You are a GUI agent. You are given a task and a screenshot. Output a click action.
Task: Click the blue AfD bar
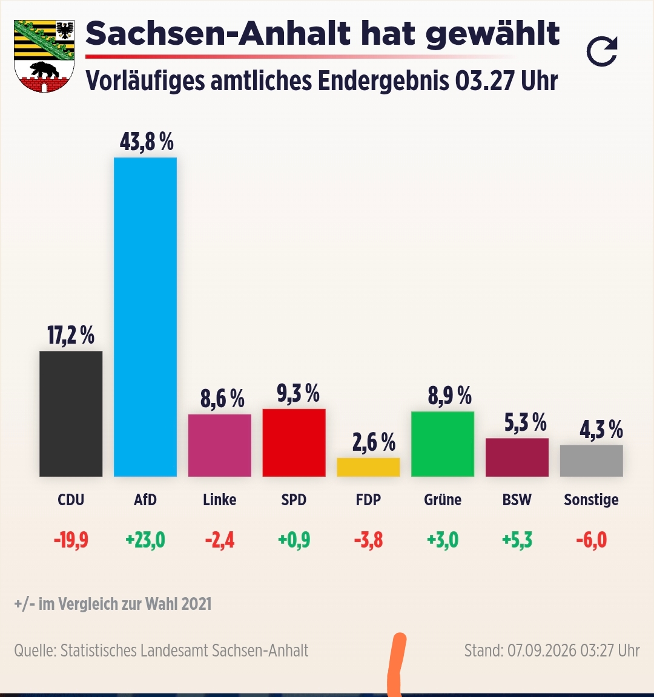(x=145, y=317)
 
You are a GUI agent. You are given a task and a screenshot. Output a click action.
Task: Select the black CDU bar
(x=71, y=414)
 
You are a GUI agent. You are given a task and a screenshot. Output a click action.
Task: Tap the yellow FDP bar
(x=368, y=467)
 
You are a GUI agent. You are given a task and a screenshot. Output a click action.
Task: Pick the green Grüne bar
(x=442, y=444)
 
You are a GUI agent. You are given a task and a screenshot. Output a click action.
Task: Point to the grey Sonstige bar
(x=591, y=461)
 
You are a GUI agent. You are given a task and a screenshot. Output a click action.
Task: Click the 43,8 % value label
(x=147, y=142)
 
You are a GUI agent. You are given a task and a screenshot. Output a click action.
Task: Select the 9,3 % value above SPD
(x=298, y=393)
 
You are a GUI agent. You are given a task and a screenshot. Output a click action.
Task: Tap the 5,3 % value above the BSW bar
(x=525, y=422)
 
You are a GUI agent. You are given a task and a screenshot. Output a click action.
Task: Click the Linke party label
(x=219, y=500)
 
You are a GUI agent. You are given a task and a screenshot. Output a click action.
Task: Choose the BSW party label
(x=517, y=500)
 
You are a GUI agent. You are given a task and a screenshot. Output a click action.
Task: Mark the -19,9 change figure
(x=71, y=540)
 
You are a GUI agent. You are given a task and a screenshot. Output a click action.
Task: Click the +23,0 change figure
(x=145, y=540)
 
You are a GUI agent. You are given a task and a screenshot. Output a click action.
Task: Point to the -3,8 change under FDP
(x=368, y=540)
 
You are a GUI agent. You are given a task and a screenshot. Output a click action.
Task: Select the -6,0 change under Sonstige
(x=591, y=540)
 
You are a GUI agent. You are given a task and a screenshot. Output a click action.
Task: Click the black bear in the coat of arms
(x=44, y=70)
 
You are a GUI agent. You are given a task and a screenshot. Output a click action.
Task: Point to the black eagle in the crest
(x=65, y=30)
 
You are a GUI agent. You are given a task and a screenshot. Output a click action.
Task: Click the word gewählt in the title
(x=492, y=34)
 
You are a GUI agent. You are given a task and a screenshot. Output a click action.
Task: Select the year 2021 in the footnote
(x=197, y=604)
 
